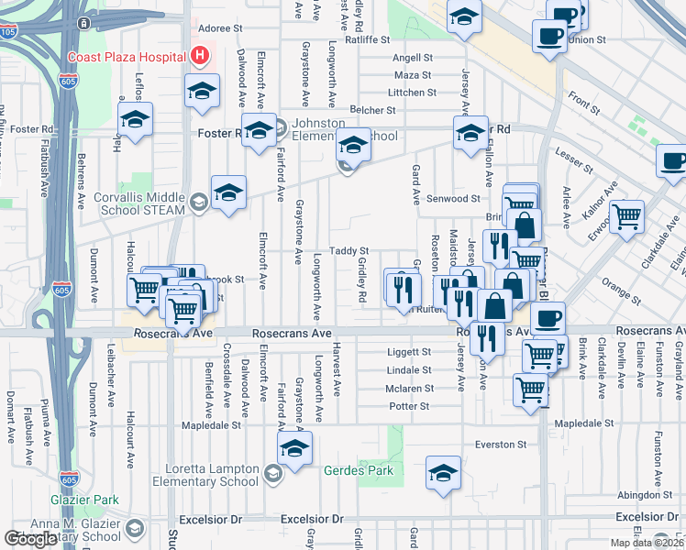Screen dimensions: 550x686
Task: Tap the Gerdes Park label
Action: pyautogui.click(x=358, y=471)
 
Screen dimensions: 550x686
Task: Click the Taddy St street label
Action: pyautogui.click(x=349, y=250)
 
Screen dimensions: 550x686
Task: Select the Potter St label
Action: pyautogui.click(x=410, y=405)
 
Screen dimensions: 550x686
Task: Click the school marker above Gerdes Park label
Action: pyautogui.click(x=294, y=449)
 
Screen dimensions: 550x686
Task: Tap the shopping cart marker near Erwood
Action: pyautogui.click(x=627, y=216)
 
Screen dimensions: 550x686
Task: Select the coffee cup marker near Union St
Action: pyautogui.click(x=549, y=37)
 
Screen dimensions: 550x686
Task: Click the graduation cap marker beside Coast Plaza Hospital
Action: pyautogui.click(x=202, y=91)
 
